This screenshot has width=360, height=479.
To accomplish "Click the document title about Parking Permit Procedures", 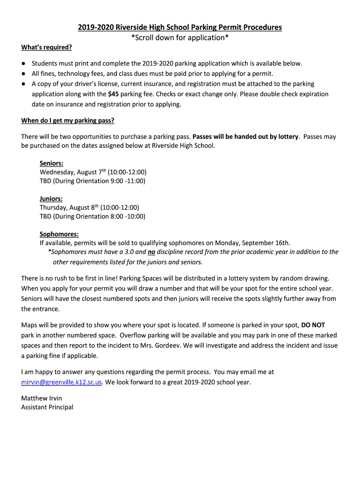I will tap(180, 27).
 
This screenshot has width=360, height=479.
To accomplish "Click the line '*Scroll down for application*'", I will tap(180, 37).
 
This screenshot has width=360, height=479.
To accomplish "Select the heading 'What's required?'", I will tap(47, 48).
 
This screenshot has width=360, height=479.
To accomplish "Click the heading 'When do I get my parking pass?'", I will tap(68, 121).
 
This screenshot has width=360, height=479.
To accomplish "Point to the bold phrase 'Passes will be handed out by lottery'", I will tap(245, 137).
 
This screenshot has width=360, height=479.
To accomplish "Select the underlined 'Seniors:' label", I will tap(51, 163).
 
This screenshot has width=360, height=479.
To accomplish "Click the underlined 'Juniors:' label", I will tap(51, 199).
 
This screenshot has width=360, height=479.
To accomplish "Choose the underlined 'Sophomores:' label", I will tap(59, 234).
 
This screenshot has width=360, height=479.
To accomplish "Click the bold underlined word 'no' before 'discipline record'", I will tap(151, 252).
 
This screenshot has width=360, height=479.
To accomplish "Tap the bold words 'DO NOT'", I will tap(313, 325).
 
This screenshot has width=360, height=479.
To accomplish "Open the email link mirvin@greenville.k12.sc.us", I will tap(61, 382).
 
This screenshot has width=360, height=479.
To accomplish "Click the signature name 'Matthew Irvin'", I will tap(42, 398).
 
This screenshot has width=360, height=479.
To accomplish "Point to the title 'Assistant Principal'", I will tap(47, 407).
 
